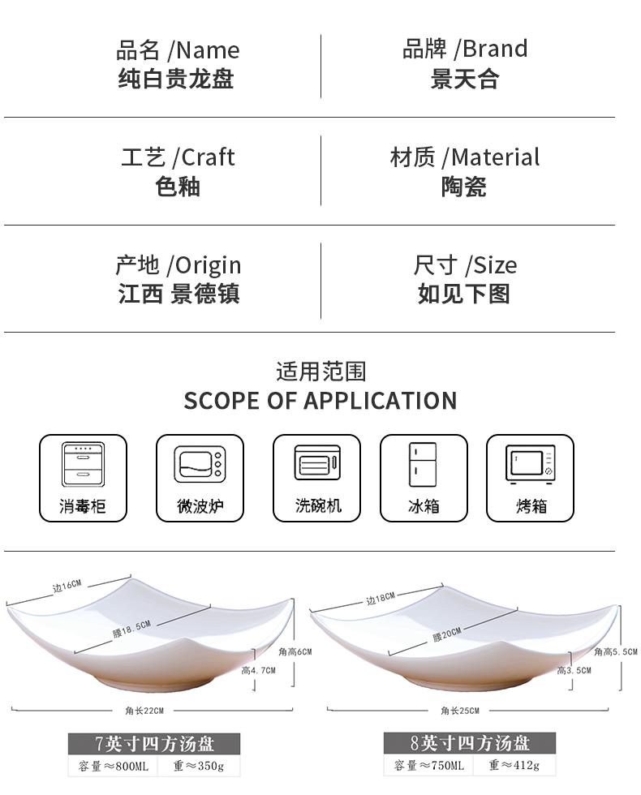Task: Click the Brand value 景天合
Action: [x=464, y=79]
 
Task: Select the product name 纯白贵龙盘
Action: [x=176, y=79]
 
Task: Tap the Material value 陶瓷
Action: [x=463, y=187]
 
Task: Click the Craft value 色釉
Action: [x=178, y=187]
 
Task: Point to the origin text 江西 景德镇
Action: [x=179, y=294]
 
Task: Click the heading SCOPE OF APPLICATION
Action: [x=320, y=401]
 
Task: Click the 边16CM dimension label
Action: [x=67, y=587]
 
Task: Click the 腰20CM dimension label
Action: [x=447, y=635]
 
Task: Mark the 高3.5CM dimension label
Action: [x=574, y=671]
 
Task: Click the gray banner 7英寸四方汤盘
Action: [x=153, y=743]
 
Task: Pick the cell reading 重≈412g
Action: [x=516, y=766]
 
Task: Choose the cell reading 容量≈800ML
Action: [x=114, y=766]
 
